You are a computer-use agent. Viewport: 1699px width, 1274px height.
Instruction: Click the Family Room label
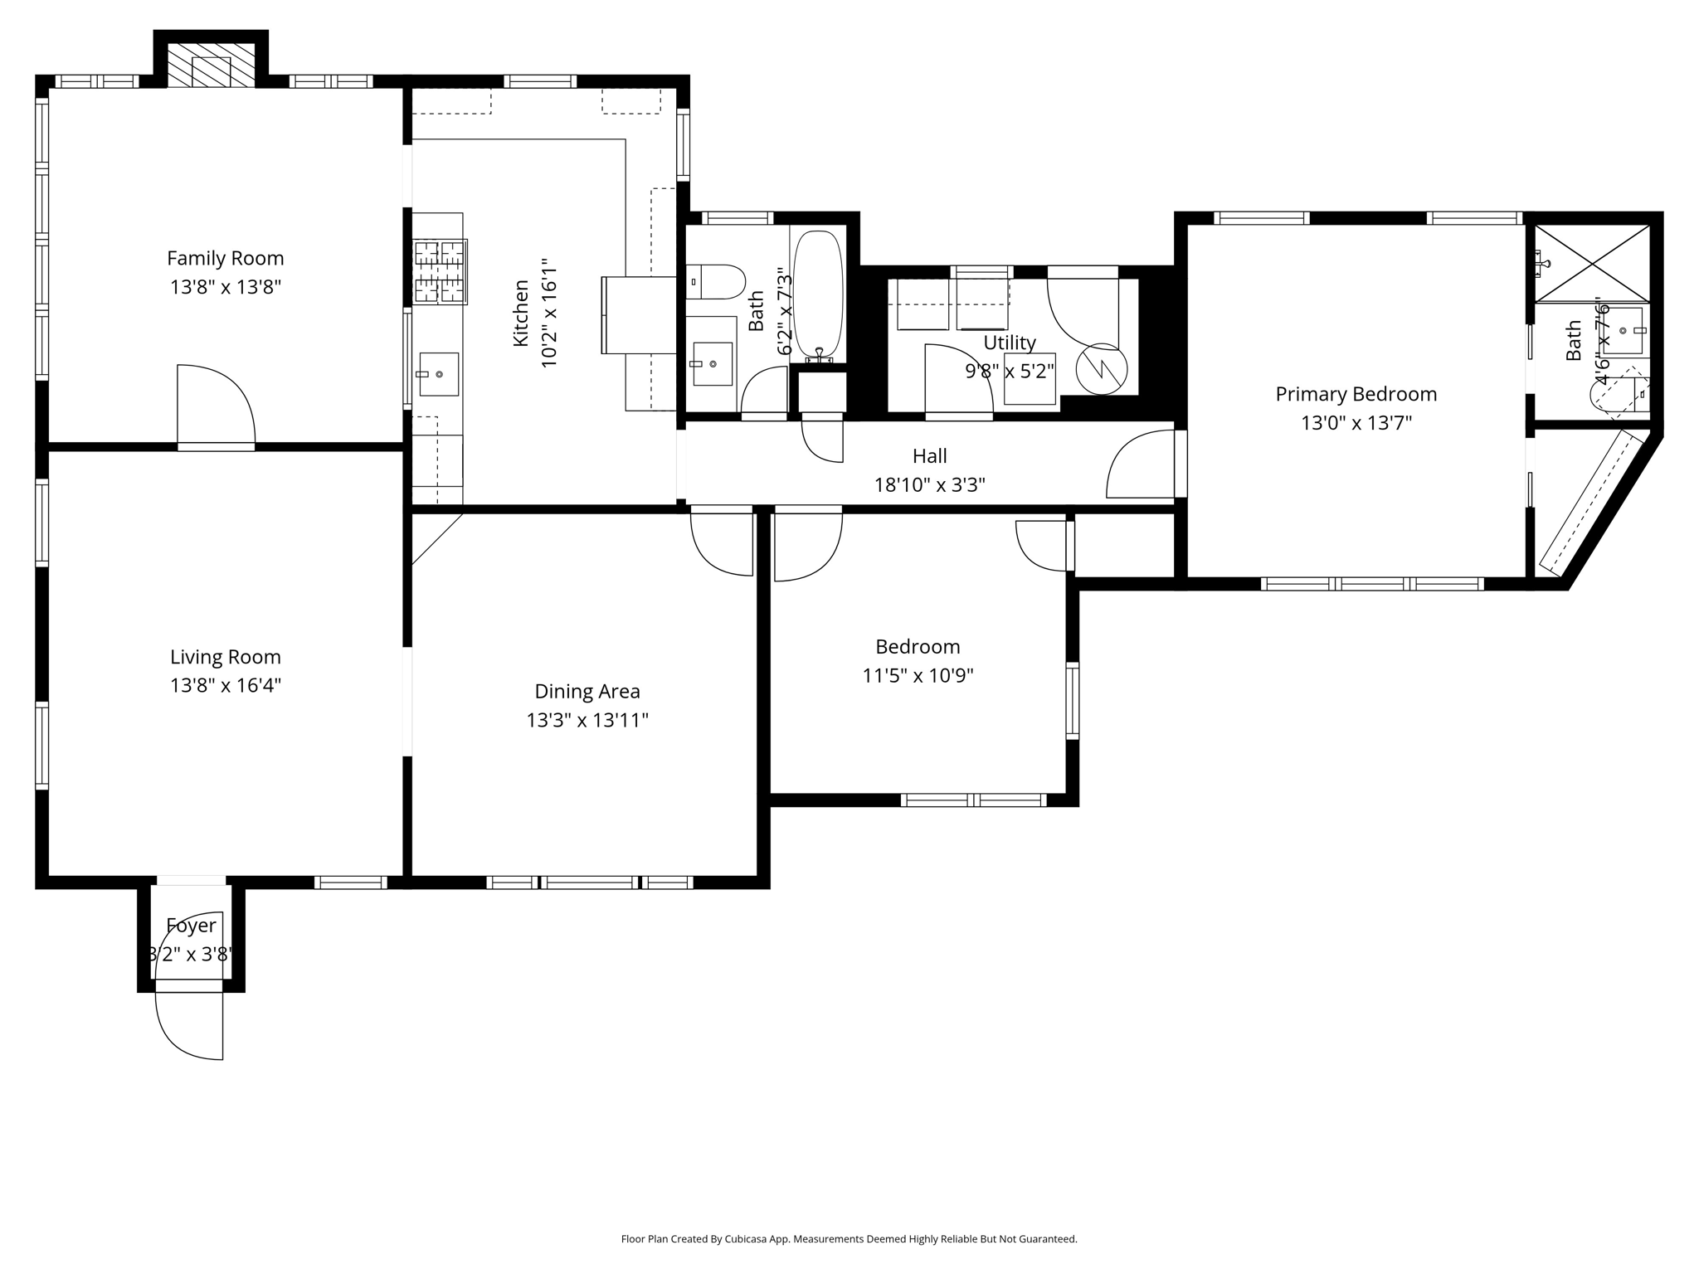[225, 259]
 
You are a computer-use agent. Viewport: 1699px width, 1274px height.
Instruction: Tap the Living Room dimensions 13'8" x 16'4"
[225, 685]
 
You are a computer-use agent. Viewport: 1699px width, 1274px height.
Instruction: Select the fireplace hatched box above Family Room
[211, 65]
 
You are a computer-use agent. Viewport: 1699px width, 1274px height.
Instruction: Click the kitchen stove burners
[440, 271]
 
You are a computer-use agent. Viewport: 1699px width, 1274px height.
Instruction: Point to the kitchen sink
[438, 374]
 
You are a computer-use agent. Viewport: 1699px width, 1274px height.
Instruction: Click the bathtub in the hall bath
[818, 294]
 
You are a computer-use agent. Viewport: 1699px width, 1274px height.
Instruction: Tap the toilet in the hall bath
[717, 282]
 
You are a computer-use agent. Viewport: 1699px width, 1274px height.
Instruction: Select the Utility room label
[1010, 343]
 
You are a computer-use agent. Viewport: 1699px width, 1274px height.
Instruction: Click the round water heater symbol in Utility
[1102, 369]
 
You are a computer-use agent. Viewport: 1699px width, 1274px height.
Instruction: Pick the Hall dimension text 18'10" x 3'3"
[929, 484]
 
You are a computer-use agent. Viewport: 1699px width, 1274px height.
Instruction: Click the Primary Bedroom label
[1356, 394]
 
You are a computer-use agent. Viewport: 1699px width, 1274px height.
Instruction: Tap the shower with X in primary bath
[1591, 264]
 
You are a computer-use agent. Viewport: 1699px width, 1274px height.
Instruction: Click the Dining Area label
[587, 691]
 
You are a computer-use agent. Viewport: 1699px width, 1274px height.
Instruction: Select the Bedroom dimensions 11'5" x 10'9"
[918, 675]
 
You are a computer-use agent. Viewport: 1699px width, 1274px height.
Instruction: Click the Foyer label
[191, 925]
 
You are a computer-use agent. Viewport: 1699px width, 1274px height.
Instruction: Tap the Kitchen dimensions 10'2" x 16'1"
[548, 314]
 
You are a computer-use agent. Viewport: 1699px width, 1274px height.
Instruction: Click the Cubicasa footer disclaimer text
[849, 1239]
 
